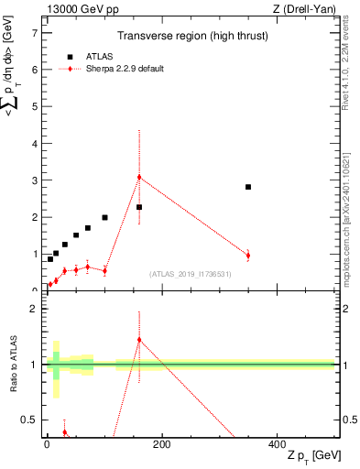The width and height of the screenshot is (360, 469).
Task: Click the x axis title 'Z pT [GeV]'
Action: click(x=311, y=456)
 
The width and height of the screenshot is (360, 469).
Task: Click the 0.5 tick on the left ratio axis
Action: click(x=28, y=420)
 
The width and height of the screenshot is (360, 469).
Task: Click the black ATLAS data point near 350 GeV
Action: click(x=248, y=187)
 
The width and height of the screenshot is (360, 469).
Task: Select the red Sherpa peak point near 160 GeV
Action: click(x=139, y=177)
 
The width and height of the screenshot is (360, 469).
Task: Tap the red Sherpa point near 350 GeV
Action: click(x=248, y=255)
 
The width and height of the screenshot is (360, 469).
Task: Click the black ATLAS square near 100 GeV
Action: click(x=104, y=217)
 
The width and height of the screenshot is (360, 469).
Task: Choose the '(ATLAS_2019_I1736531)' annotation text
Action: click(x=190, y=274)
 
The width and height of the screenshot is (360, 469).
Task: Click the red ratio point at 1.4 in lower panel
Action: click(x=139, y=340)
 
